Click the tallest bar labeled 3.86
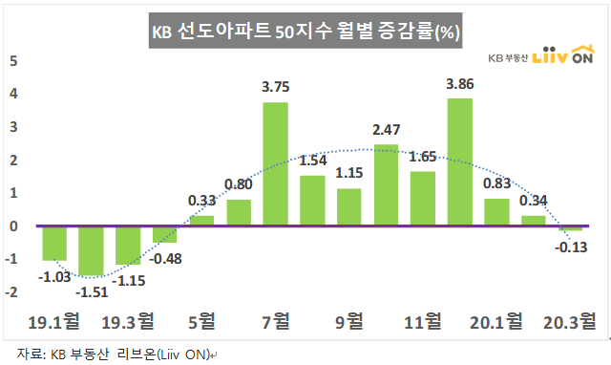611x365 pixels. coord(460,162)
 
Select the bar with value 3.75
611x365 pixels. coord(275,164)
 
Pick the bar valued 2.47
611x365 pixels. coord(386,185)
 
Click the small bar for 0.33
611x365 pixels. coord(201,221)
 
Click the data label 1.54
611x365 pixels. coord(313,161)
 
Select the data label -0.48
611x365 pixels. coord(168,257)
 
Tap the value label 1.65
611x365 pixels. coord(422,156)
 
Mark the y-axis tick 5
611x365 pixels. coord(13,60)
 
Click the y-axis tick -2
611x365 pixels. coord(12,292)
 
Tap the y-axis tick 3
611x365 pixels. coord(13,127)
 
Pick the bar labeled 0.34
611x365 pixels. coord(534,221)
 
